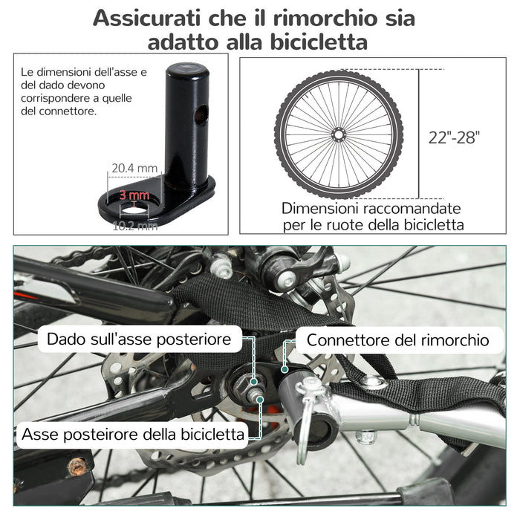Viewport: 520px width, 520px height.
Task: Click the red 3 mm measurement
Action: [x=134, y=195]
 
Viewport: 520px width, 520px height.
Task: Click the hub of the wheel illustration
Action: [x=339, y=134]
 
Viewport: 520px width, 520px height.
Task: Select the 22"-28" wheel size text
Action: [x=455, y=137]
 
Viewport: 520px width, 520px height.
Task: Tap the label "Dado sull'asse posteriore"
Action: [x=140, y=340]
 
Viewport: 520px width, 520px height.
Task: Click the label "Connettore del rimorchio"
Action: [x=398, y=340]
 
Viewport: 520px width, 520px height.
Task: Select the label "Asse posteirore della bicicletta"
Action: [x=134, y=433]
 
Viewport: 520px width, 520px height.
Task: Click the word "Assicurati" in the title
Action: [x=151, y=18]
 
